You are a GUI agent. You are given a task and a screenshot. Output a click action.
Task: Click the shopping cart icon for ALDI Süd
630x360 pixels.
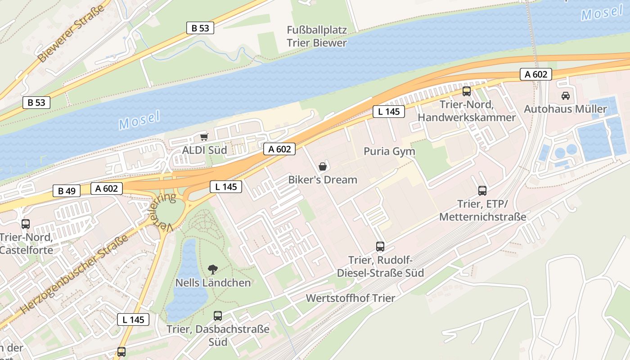[204, 137]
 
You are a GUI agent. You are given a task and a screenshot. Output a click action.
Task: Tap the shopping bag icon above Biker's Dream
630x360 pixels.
[323, 166]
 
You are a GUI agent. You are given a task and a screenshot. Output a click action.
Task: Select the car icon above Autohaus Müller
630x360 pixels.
[565, 95]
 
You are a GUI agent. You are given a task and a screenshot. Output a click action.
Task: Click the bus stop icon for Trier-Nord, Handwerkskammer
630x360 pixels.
[467, 91]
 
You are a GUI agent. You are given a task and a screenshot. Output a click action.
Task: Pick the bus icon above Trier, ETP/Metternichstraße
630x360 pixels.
[482, 190]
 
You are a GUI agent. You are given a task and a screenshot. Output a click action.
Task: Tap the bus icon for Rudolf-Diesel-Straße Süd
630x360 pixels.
[380, 246]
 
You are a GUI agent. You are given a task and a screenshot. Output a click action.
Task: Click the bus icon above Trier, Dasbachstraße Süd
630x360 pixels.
[218, 315]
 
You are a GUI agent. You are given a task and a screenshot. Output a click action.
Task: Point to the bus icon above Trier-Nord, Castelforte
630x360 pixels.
[26, 224]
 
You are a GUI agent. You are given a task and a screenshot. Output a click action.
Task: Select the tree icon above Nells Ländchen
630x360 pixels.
[213, 269]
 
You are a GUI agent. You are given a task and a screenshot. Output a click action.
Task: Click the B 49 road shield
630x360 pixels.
[67, 191]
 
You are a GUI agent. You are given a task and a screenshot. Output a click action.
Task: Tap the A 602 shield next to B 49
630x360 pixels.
[106, 189]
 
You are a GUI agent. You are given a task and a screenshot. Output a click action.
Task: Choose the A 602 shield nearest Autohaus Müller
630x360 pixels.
[536, 74]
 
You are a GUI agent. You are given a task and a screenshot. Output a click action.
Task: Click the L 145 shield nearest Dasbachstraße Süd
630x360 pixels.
[133, 319]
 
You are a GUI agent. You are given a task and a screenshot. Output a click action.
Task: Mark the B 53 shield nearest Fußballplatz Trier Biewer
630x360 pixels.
[200, 28]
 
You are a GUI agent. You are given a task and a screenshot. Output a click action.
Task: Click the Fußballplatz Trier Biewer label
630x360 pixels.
[317, 36]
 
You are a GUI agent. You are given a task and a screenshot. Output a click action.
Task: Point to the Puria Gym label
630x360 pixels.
[389, 151]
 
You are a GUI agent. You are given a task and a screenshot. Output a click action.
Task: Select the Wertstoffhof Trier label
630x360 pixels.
[351, 298]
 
